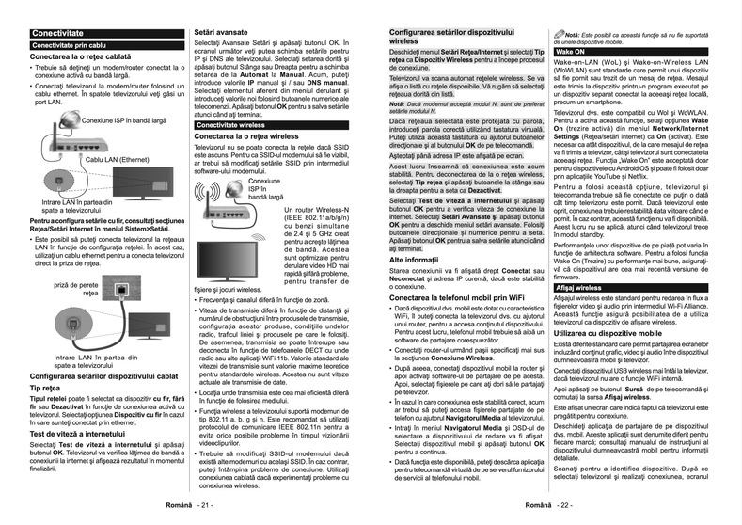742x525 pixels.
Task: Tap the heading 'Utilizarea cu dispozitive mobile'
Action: pos(611,334)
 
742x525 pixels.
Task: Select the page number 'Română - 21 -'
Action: pos(193,505)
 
